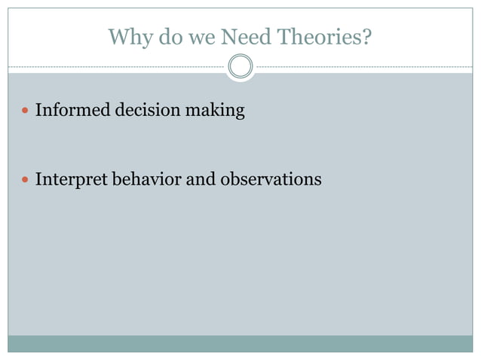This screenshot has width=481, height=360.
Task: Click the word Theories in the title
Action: (x=320, y=36)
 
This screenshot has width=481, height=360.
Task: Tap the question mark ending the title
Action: (x=366, y=36)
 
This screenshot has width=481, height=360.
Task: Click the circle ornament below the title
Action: (x=240, y=66)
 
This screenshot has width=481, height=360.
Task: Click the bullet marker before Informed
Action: (x=25, y=111)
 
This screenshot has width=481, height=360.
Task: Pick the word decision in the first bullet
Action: (x=146, y=111)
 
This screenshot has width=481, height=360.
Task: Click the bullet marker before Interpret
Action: (x=25, y=181)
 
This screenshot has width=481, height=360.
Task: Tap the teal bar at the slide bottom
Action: (x=240, y=343)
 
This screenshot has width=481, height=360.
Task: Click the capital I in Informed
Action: (x=38, y=111)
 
